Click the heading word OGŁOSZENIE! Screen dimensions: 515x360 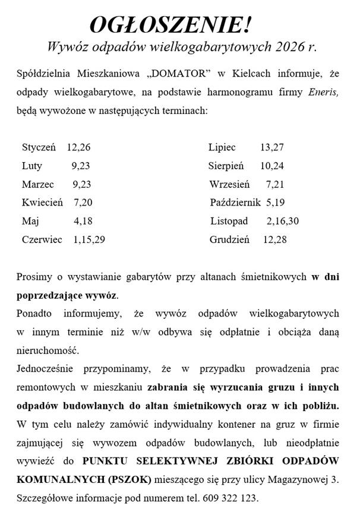click(170, 25)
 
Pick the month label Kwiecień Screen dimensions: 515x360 click(42, 203)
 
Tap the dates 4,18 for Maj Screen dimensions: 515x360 click(83, 221)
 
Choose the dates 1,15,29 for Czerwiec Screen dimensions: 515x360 click(90, 239)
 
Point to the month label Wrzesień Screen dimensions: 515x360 click(229, 185)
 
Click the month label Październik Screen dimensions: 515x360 click(235, 203)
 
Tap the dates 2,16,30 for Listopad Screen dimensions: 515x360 click(283, 221)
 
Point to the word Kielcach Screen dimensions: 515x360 click(251, 74)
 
